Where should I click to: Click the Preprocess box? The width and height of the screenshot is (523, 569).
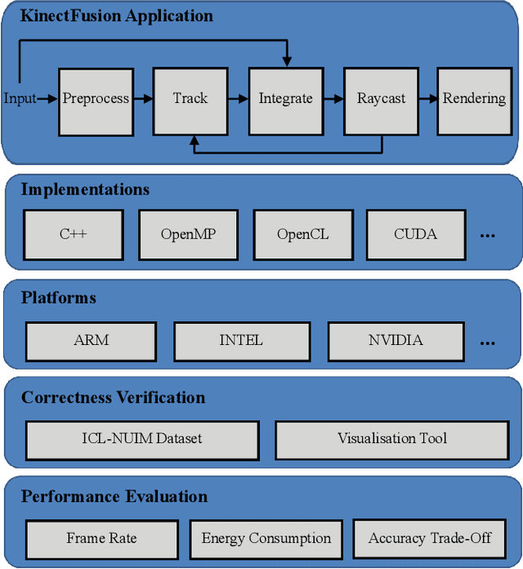pyautogui.click(x=96, y=99)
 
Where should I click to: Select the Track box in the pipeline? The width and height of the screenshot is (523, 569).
pyautogui.click(x=190, y=99)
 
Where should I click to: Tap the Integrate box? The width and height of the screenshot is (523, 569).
pyautogui.click(x=285, y=99)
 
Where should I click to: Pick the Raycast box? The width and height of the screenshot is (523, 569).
pyautogui.click(x=381, y=99)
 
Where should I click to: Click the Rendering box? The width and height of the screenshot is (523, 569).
pyautogui.click(x=474, y=99)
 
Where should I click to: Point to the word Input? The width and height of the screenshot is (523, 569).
pyautogui.click(x=20, y=99)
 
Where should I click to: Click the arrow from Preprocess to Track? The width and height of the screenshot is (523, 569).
pyautogui.click(x=143, y=99)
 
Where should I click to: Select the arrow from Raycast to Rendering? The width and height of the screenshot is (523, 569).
pyautogui.click(x=428, y=99)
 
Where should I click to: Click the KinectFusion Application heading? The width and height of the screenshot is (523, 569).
pyautogui.click(x=116, y=16)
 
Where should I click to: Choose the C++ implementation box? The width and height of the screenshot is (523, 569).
pyautogui.click(x=73, y=235)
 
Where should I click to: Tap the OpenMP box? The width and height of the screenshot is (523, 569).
pyautogui.click(x=188, y=235)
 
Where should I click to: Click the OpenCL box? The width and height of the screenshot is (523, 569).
pyautogui.click(x=302, y=235)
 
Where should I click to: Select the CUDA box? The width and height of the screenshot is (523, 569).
pyautogui.click(x=415, y=235)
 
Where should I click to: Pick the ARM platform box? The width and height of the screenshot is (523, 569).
pyautogui.click(x=91, y=341)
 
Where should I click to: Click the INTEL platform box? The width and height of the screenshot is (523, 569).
pyautogui.click(x=241, y=341)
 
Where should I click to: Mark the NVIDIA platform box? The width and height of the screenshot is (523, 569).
pyautogui.click(x=395, y=341)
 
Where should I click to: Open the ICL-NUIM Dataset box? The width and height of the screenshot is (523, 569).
pyautogui.click(x=142, y=440)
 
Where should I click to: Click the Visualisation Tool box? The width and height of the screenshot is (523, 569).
pyautogui.click(x=392, y=440)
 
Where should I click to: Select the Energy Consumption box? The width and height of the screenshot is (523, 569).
pyautogui.click(x=266, y=540)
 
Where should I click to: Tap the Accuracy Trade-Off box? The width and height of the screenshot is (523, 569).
pyautogui.click(x=430, y=540)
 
